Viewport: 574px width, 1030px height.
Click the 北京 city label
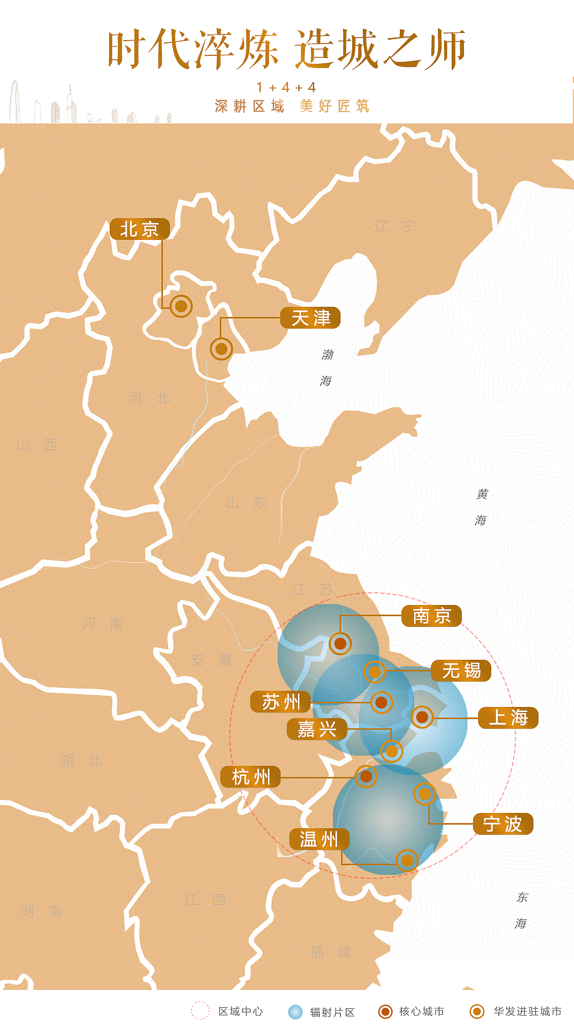coord(140,229)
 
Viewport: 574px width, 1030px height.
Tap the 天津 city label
coord(311,318)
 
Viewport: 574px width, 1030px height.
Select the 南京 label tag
coord(431,616)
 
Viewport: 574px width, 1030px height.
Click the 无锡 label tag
coord(461,670)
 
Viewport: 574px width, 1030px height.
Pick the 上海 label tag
coord(508,718)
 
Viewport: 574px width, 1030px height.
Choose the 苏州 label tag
coord(281,702)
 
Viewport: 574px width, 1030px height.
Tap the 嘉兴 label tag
coord(317,729)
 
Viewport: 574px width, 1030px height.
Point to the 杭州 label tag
coord(251,776)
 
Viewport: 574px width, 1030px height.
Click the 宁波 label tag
coord(503,824)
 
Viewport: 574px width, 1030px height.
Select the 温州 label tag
coord(319,839)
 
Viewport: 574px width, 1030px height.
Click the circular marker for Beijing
coord(181,306)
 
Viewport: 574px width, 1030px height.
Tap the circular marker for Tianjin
coord(221,349)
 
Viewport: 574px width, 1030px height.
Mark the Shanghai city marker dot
coord(422,717)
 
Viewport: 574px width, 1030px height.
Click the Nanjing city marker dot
coord(340,644)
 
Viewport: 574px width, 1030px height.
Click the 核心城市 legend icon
coord(386,1012)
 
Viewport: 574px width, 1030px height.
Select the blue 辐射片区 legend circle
coord(295,1012)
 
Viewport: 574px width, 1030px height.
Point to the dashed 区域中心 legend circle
coord(200,1011)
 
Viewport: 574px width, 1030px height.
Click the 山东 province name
coord(246,503)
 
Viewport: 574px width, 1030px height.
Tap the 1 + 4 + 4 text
coord(286,88)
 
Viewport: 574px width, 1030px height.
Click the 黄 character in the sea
coord(482,494)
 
